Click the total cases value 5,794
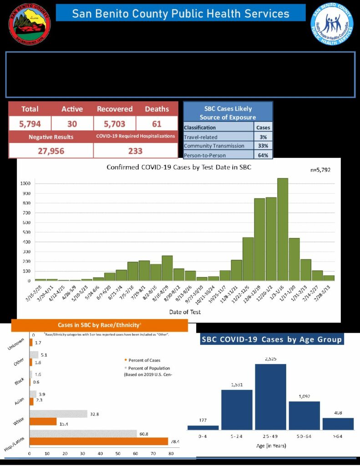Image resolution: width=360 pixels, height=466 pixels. pos(30,123)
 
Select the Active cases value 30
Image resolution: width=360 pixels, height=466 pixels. pos(72,123)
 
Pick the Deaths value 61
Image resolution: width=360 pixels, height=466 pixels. pos(157,123)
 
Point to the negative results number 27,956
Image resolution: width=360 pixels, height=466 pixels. pos(51,151)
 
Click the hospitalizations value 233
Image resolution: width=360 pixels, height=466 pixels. pos(135,151)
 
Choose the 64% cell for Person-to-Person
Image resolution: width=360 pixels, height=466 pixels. pos(264,155)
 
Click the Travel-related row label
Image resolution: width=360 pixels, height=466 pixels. pos(200,137)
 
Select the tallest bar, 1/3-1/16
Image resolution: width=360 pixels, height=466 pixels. pos(283,229)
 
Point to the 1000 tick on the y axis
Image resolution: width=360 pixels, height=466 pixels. pos(25,183)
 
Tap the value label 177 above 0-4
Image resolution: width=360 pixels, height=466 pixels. pos(203,420)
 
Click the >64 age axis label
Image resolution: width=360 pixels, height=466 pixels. pos(338,436)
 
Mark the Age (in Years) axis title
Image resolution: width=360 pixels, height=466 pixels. pos(270,446)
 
